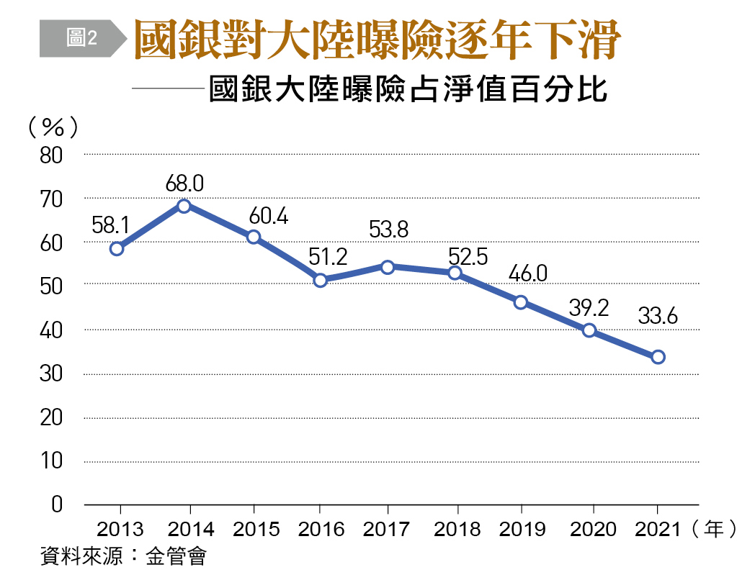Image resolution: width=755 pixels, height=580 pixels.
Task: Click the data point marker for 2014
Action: click(x=184, y=206)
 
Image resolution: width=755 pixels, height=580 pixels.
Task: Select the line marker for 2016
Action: click(x=321, y=280)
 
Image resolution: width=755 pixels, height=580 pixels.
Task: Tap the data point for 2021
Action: click(x=658, y=357)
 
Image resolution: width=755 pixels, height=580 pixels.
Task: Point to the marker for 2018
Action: click(x=455, y=273)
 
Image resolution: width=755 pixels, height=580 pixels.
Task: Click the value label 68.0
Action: click(x=184, y=183)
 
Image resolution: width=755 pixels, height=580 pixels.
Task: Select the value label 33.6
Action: click(x=656, y=316)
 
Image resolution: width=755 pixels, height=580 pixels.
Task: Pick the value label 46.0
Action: click(x=527, y=274)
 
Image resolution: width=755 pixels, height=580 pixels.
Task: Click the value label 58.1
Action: click(x=111, y=225)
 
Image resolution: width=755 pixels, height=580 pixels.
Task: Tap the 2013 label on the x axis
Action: click(x=120, y=530)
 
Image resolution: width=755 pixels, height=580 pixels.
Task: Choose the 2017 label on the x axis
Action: click(x=387, y=530)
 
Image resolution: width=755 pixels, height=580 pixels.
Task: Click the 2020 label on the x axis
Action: click(x=593, y=530)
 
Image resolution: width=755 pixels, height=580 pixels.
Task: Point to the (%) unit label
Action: click(x=53, y=127)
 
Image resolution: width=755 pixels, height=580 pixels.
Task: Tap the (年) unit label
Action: click(x=712, y=530)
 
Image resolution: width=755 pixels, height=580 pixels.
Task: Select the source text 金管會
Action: click(x=176, y=556)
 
